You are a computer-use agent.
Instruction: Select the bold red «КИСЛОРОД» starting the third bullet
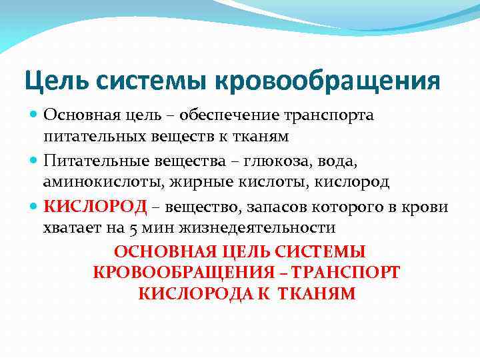(x=95, y=207)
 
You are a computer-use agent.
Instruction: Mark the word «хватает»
(x=70, y=227)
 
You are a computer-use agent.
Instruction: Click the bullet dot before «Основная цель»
(x=35, y=115)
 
